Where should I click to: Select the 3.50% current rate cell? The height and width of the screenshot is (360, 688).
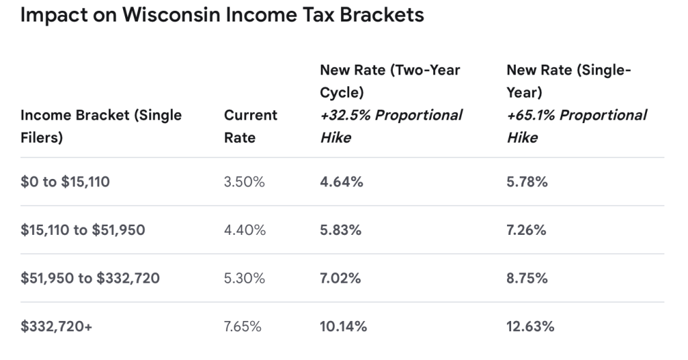pos(244,182)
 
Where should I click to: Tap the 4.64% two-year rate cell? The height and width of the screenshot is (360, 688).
pos(342,182)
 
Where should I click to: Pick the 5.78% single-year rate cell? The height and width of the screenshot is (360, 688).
pos(527,182)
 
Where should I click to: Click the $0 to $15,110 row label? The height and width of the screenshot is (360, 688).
pos(65,182)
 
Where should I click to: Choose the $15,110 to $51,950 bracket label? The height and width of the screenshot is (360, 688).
pos(83,230)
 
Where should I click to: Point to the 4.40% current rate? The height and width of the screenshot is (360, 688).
pos(245,230)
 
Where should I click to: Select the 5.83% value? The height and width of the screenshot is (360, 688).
pos(340,230)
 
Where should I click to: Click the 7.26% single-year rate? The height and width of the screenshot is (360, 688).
pos(526,230)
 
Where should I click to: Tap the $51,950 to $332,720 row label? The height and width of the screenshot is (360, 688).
pos(90,279)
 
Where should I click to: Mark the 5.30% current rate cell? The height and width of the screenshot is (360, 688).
pos(244,279)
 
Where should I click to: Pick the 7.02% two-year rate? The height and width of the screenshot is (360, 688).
pos(340,279)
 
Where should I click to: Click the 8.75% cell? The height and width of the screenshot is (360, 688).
pos(527,279)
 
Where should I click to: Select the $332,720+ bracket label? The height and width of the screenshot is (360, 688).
pos(56,326)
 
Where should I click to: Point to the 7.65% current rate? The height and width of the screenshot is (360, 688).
pos(243,326)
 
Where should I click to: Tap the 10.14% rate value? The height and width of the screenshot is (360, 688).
pos(343,326)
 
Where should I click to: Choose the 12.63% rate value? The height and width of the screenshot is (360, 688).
pos(530,326)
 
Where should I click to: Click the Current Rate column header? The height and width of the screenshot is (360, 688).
pos(251,127)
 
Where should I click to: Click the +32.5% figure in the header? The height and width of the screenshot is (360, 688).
pos(345,115)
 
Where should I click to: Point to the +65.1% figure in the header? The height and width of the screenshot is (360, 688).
pos(531,115)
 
